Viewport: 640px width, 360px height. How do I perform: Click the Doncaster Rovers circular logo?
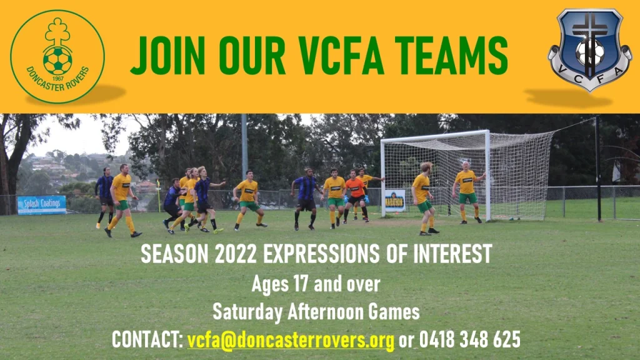pyautogui.click(x=57, y=57)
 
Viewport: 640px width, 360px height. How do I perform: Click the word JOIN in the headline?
pyautogui.click(x=167, y=56)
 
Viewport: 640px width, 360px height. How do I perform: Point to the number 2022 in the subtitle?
pyautogui.click(x=236, y=254)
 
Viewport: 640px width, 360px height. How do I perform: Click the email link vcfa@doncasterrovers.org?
pyautogui.click(x=291, y=339)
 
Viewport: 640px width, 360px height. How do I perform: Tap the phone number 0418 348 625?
pyautogui.click(x=470, y=339)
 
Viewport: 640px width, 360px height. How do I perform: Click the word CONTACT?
pyautogui.click(x=147, y=339)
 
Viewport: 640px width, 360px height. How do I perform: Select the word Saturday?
pyautogui.click(x=247, y=312)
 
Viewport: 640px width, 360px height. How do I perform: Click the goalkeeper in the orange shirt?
pyautogui.click(x=356, y=196)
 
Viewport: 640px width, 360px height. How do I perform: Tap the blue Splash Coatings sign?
pyautogui.click(x=42, y=204)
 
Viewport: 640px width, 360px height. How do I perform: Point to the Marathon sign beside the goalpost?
pyautogui.click(x=395, y=201)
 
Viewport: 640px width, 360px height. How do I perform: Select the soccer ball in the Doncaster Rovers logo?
pyautogui.click(x=57, y=61)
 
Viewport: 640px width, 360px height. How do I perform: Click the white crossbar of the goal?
pyautogui.click(x=435, y=137)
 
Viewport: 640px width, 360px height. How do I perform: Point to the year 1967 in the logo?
pyautogui.click(x=58, y=78)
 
